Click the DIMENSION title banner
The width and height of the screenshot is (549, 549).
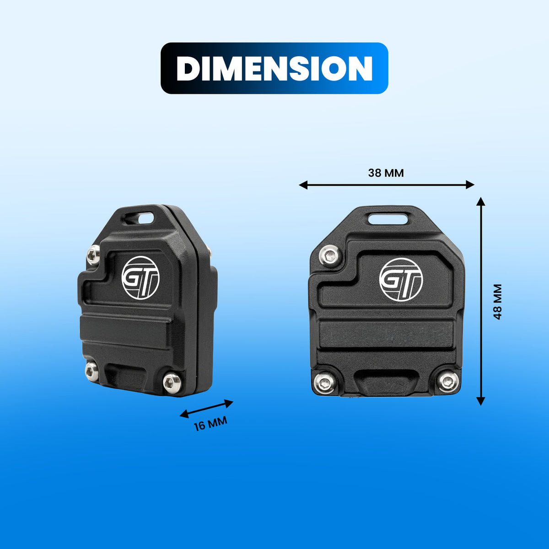[274, 68]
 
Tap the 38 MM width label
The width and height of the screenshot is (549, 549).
[386, 173]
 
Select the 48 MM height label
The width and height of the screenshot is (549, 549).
[497, 301]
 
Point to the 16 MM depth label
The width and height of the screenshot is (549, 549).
[210, 423]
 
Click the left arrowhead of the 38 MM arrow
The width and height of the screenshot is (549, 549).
[303, 185]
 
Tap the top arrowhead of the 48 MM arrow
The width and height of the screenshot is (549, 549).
[481, 201]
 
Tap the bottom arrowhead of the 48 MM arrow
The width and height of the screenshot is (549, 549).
[481, 401]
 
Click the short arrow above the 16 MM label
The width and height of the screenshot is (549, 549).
[206, 409]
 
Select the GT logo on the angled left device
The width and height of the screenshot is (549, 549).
[140, 278]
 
